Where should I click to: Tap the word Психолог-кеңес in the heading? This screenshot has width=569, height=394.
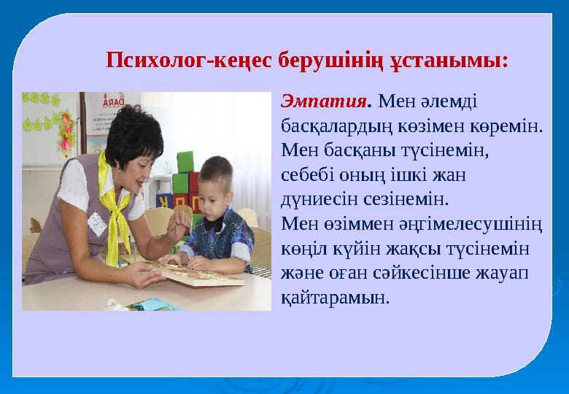192,59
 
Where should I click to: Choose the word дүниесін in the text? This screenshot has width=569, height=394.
316,199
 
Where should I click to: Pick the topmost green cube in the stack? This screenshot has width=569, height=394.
185,161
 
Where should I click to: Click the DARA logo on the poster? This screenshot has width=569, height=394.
113,102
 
